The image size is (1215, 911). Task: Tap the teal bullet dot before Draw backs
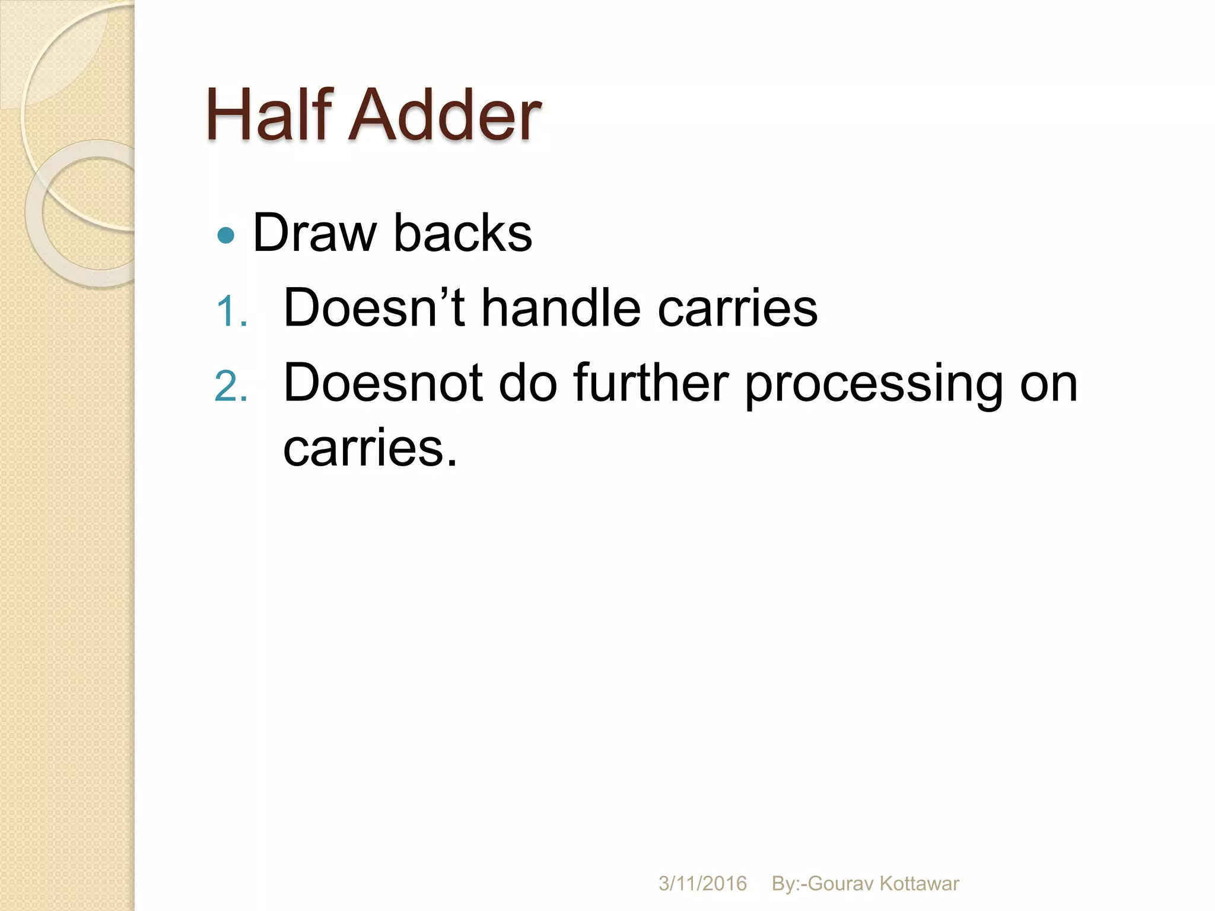[226, 236]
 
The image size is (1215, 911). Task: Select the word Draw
[314, 233]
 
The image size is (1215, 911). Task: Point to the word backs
[463, 233]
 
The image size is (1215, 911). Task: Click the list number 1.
[231, 312]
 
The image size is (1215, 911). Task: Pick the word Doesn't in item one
[374, 308]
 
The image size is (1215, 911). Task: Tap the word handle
[561, 308]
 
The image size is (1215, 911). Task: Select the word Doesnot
[383, 383]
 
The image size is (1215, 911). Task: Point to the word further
[651, 383]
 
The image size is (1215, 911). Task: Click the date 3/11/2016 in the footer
[702, 884]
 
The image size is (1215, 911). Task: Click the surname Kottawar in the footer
[919, 884]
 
